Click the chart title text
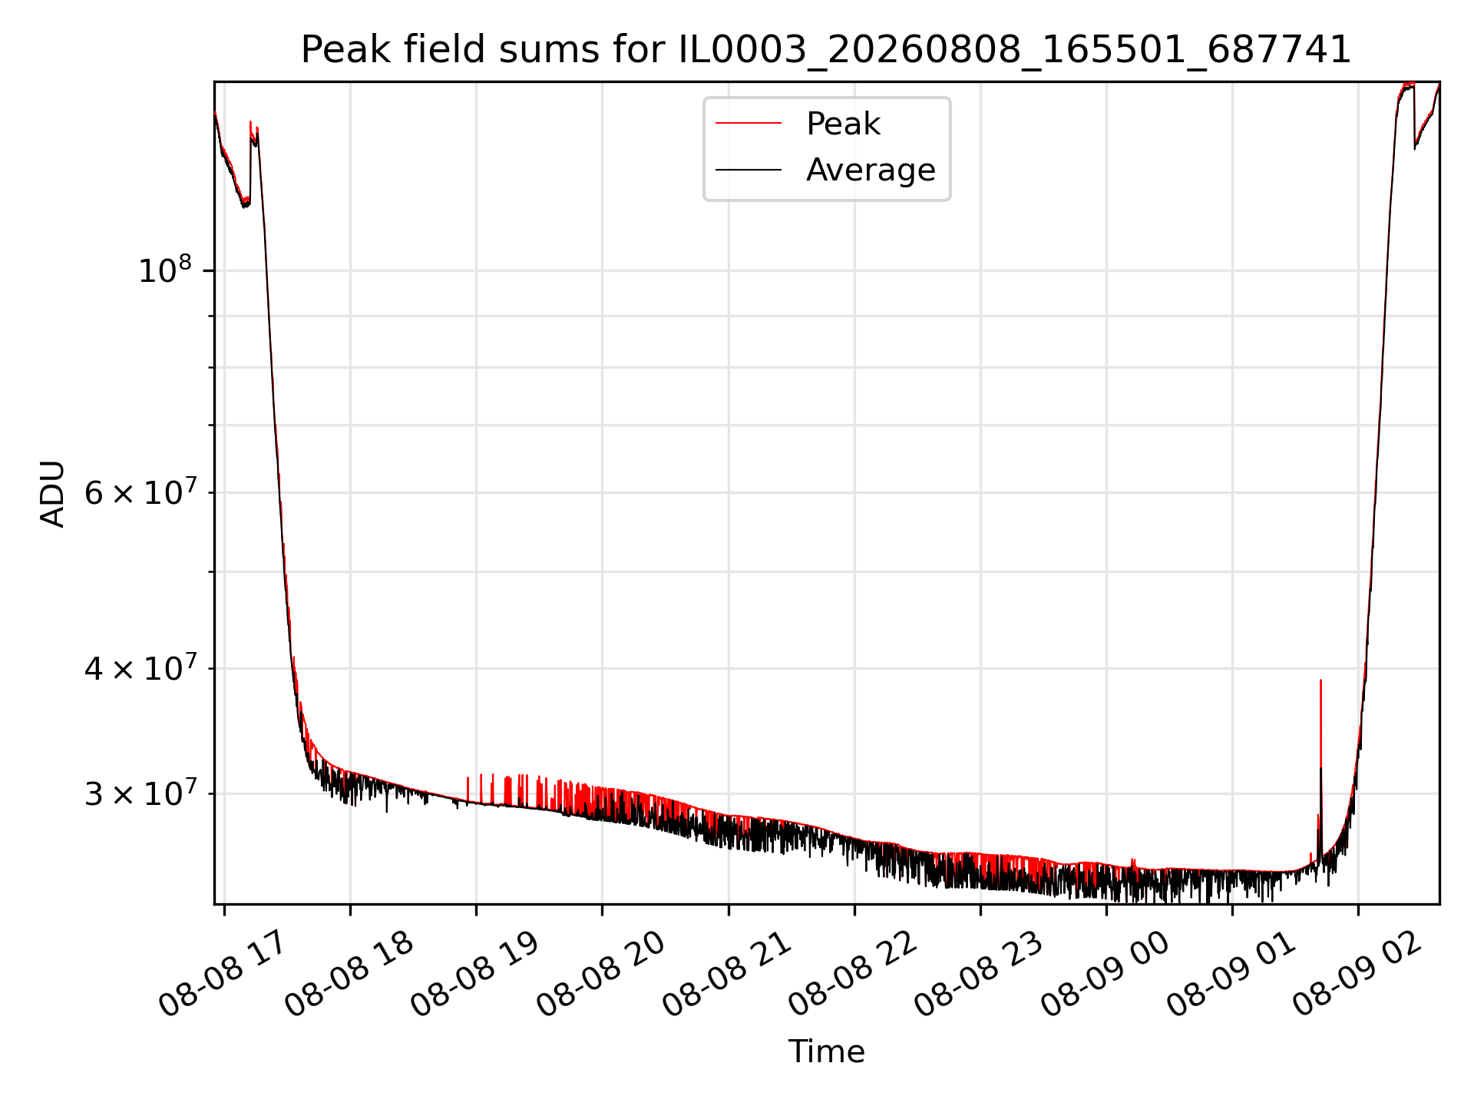tap(826, 50)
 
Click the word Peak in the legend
tap(843, 124)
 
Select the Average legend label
tap(871, 170)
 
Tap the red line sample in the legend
tap(749, 124)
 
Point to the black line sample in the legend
tap(749, 170)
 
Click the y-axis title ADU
tap(52, 494)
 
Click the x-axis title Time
tap(826, 1051)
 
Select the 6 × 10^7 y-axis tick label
tap(140, 492)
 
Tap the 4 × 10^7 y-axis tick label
tap(140, 667)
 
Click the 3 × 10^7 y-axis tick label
tap(140, 793)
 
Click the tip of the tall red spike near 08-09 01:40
tap(1320, 680)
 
